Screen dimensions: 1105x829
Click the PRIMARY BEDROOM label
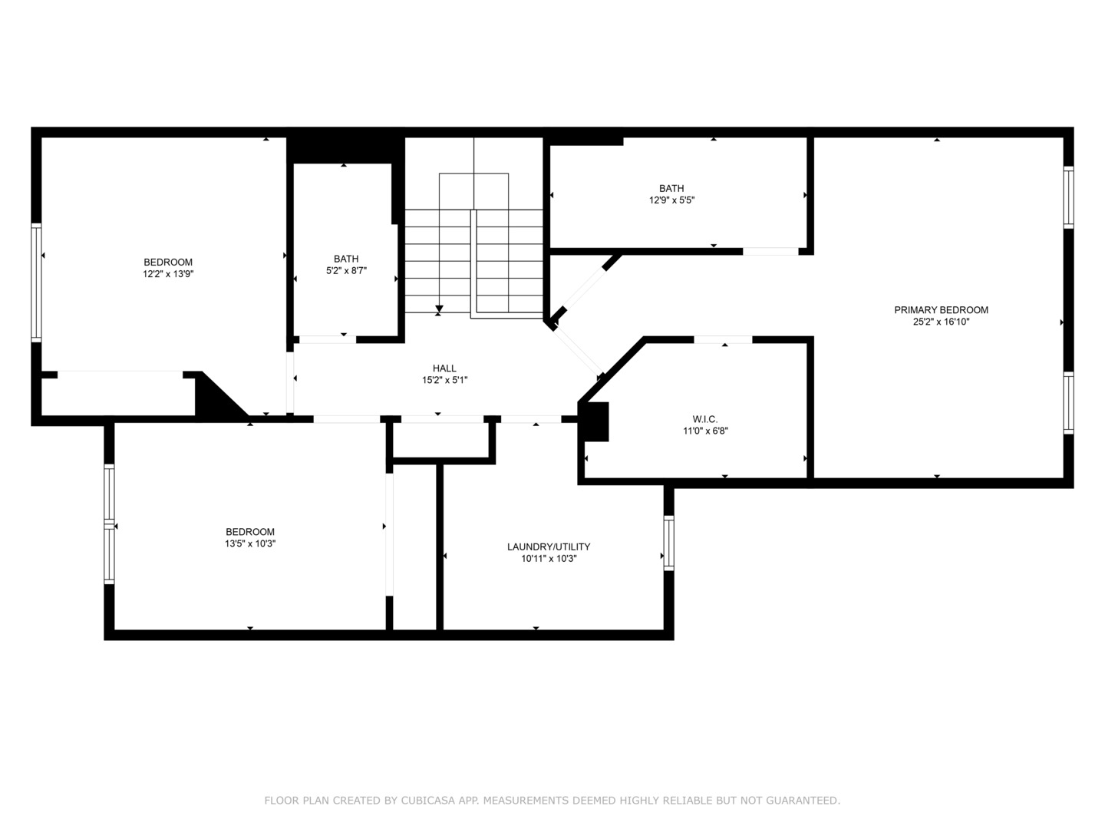940,310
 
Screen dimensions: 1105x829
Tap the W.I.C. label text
704,419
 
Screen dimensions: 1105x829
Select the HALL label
444,368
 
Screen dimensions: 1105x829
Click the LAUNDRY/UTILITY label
548,547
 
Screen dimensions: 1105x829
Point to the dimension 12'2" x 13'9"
168,274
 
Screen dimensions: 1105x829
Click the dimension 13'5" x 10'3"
250,543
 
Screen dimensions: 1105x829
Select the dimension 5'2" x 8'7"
346,270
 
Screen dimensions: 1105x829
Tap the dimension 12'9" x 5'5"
671,200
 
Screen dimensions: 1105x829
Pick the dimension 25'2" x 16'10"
941,322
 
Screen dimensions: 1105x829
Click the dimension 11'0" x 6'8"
705,431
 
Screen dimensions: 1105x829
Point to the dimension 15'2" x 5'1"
444,380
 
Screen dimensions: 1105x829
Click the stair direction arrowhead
439,309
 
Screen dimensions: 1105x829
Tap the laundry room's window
668,543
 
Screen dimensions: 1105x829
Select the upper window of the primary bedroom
1068,197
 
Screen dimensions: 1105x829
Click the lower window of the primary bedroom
1068,403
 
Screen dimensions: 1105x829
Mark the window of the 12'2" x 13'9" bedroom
36,283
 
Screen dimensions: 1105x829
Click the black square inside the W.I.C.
596,422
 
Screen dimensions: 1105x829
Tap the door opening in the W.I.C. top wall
723,340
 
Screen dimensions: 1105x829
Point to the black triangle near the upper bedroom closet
216,398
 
